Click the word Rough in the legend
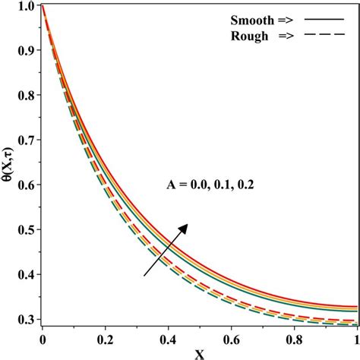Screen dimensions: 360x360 [x=247, y=35]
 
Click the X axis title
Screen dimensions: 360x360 [x=198, y=352]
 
